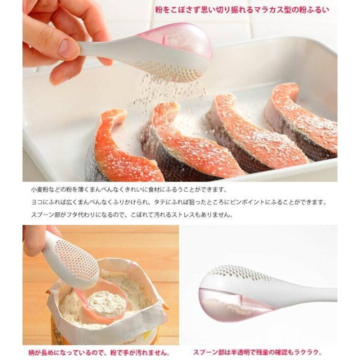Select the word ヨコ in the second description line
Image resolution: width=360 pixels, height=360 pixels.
[36, 202]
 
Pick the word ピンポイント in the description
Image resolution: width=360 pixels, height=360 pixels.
[270, 202]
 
